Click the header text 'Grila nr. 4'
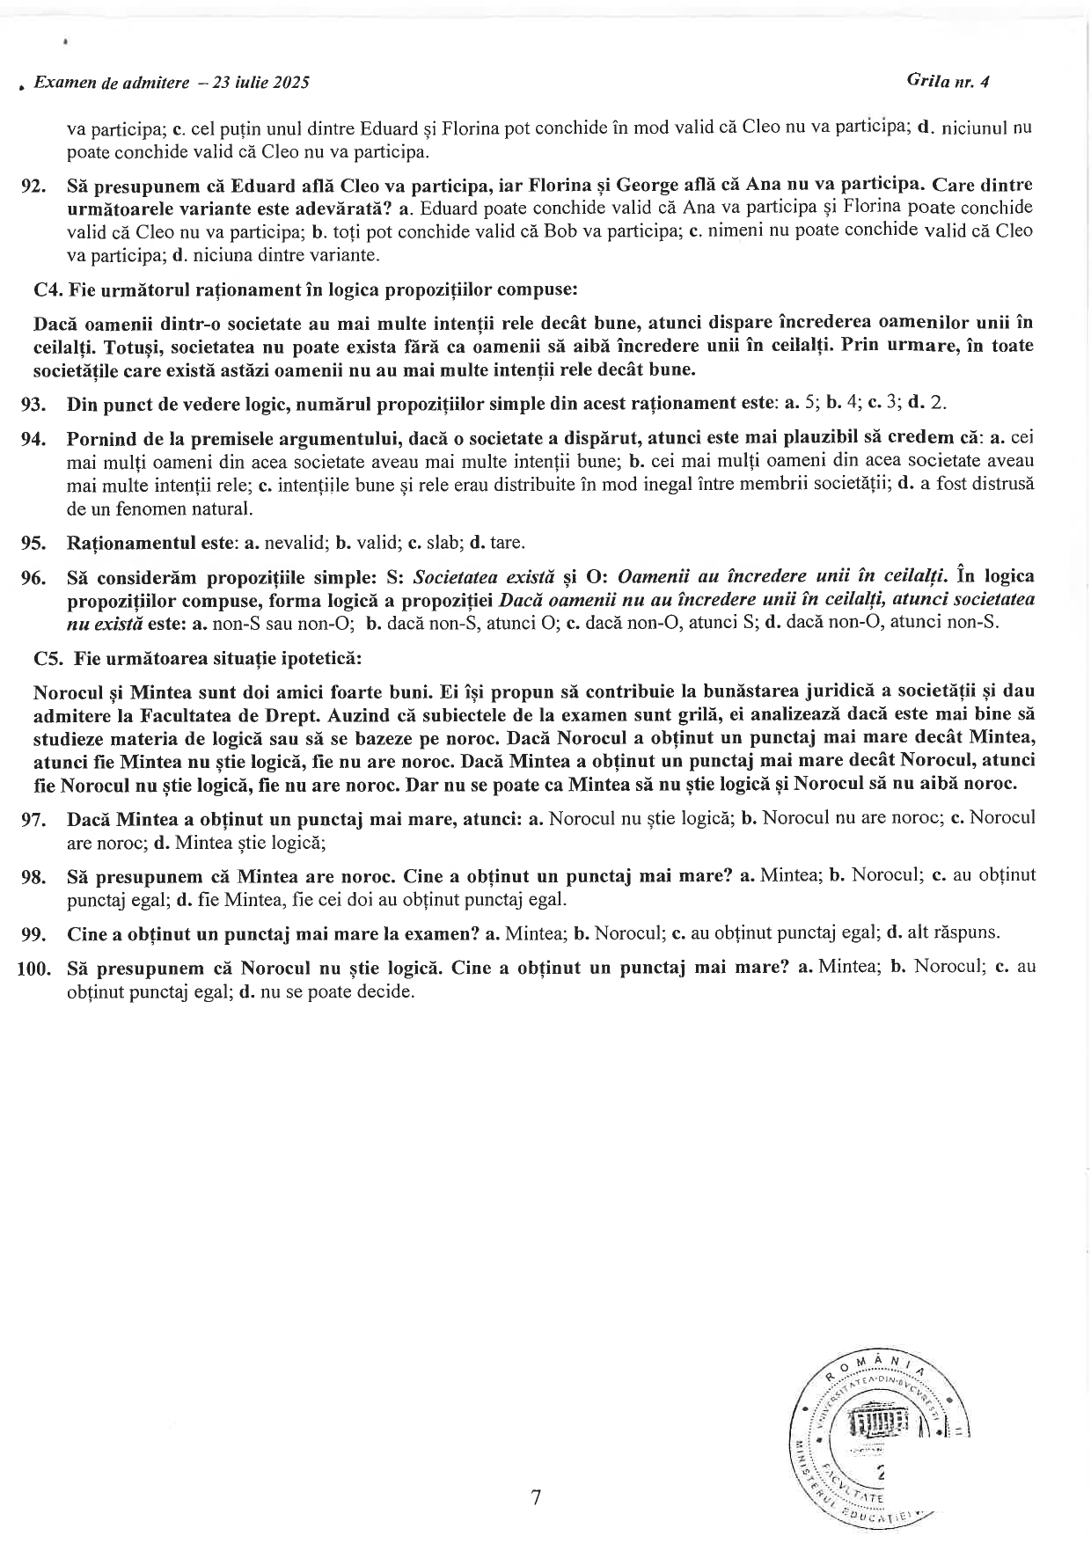948,81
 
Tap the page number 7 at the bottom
536,1498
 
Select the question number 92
33,186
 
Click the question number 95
33,543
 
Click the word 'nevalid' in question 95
291,543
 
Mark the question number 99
33,933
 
